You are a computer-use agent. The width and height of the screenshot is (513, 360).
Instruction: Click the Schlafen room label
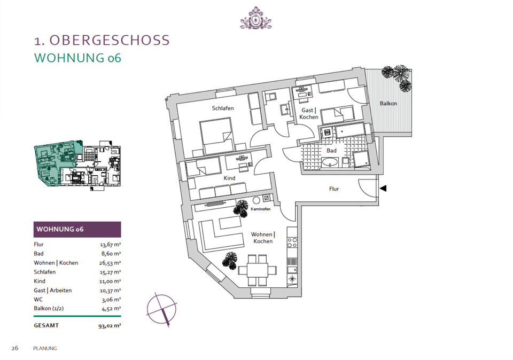(223, 108)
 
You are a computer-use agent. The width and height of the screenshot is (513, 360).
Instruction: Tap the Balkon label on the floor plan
(388, 103)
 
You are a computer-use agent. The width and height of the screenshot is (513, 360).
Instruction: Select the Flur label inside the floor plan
(334, 189)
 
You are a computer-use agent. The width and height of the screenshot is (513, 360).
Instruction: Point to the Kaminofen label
(260, 210)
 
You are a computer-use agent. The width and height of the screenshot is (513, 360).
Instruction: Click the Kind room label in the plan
(229, 178)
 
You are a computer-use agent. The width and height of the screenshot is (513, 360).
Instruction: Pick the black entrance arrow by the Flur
(383, 188)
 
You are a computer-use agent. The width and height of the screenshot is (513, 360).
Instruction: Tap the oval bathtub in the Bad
(331, 163)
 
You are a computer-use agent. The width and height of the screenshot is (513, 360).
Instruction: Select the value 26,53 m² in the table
(110, 263)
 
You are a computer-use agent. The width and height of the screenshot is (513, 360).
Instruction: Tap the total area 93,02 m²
(109, 324)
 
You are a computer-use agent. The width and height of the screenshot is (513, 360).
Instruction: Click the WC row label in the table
(38, 299)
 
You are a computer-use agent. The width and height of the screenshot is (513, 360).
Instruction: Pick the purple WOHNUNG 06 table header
(77, 229)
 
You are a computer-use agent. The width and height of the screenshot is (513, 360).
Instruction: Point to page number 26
(15, 348)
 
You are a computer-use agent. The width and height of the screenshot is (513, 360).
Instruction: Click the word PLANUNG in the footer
(45, 348)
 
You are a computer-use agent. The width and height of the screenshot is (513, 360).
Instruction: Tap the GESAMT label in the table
(46, 324)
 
